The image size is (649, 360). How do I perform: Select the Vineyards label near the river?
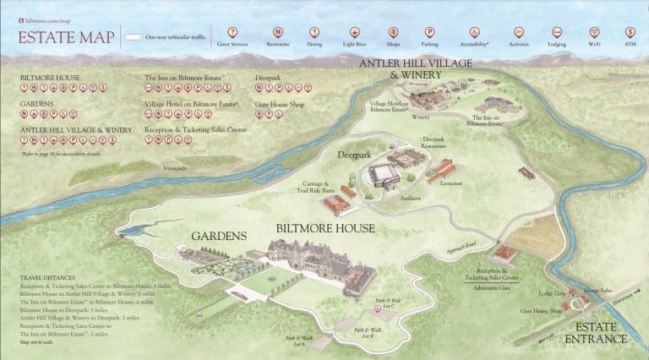[175, 168]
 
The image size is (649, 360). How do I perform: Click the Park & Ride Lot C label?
[388, 302]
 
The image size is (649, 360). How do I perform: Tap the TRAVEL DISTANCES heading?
[50, 277]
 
